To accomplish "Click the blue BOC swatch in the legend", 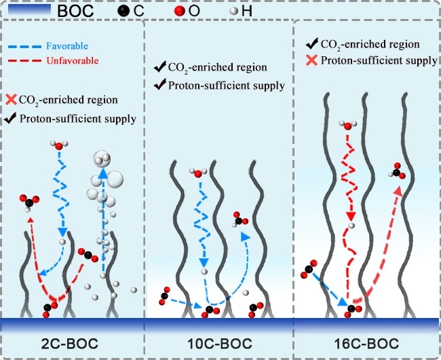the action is pos(29,10).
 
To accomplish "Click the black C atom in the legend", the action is pos(123,11).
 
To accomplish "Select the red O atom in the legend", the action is pos(179,11).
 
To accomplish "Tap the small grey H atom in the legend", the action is pos(233,12).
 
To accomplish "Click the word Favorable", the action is pos(67,46).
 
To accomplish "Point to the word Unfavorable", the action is pos(73,61).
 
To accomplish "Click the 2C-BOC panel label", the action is pos(69,344).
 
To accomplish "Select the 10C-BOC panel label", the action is pos(220,344).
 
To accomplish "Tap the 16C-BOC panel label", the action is pos(366,344).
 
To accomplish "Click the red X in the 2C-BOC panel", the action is pos(12,100).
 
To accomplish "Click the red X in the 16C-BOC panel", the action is pos(311,60).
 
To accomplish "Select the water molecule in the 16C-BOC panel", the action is pos(348,125).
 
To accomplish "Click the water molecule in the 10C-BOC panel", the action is pos(198,173).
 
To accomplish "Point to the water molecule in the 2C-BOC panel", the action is pos(59,145).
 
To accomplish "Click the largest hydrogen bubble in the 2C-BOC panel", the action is pos(113,178).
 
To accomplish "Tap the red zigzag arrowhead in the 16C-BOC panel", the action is pos(351,216).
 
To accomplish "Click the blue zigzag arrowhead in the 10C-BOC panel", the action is pos(204,262).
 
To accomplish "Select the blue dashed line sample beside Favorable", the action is pos(24,46).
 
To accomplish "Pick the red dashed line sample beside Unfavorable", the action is pos(24,61).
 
